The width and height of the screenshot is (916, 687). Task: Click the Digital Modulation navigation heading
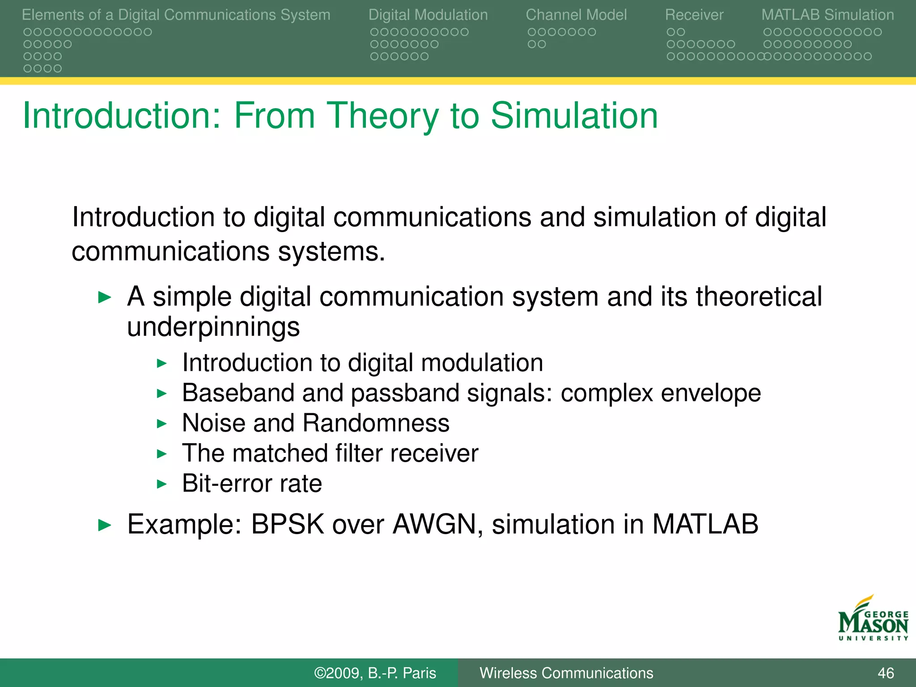click(428, 15)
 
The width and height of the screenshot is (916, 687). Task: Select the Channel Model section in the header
click(576, 15)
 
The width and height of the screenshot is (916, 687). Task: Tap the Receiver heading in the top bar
click(694, 15)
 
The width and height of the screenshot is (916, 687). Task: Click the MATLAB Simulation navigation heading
click(827, 15)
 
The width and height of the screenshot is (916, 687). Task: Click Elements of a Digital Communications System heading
click(176, 15)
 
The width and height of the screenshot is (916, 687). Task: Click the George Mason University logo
click(873, 619)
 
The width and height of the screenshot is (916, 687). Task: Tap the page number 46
click(886, 673)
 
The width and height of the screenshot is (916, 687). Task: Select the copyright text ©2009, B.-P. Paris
click(375, 673)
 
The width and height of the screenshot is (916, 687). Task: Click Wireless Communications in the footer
click(566, 673)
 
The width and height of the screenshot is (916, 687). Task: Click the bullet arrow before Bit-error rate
click(161, 484)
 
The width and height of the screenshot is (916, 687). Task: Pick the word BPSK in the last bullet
click(287, 524)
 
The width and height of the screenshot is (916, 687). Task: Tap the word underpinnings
click(213, 327)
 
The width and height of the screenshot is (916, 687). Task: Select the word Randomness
click(376, 423)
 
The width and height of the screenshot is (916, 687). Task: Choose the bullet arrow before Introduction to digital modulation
click(161, 363)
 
